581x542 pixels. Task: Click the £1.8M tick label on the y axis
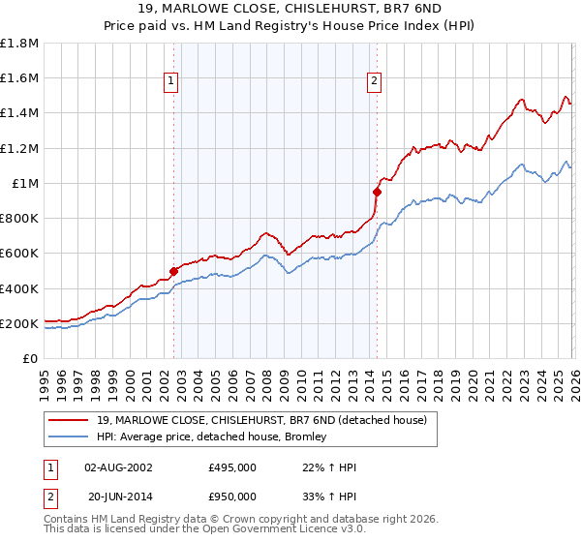[19, 44]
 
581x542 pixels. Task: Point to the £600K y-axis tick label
[19, 254]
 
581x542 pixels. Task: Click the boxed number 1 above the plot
[171, 82]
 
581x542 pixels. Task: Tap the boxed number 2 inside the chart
[374, 82]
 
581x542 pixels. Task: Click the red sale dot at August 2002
[173, 272]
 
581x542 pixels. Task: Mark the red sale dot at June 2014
[377, 192]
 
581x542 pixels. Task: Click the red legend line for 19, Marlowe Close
[71, 420]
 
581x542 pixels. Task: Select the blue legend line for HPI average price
[71, 437]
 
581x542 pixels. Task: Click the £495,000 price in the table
[232, 467]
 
